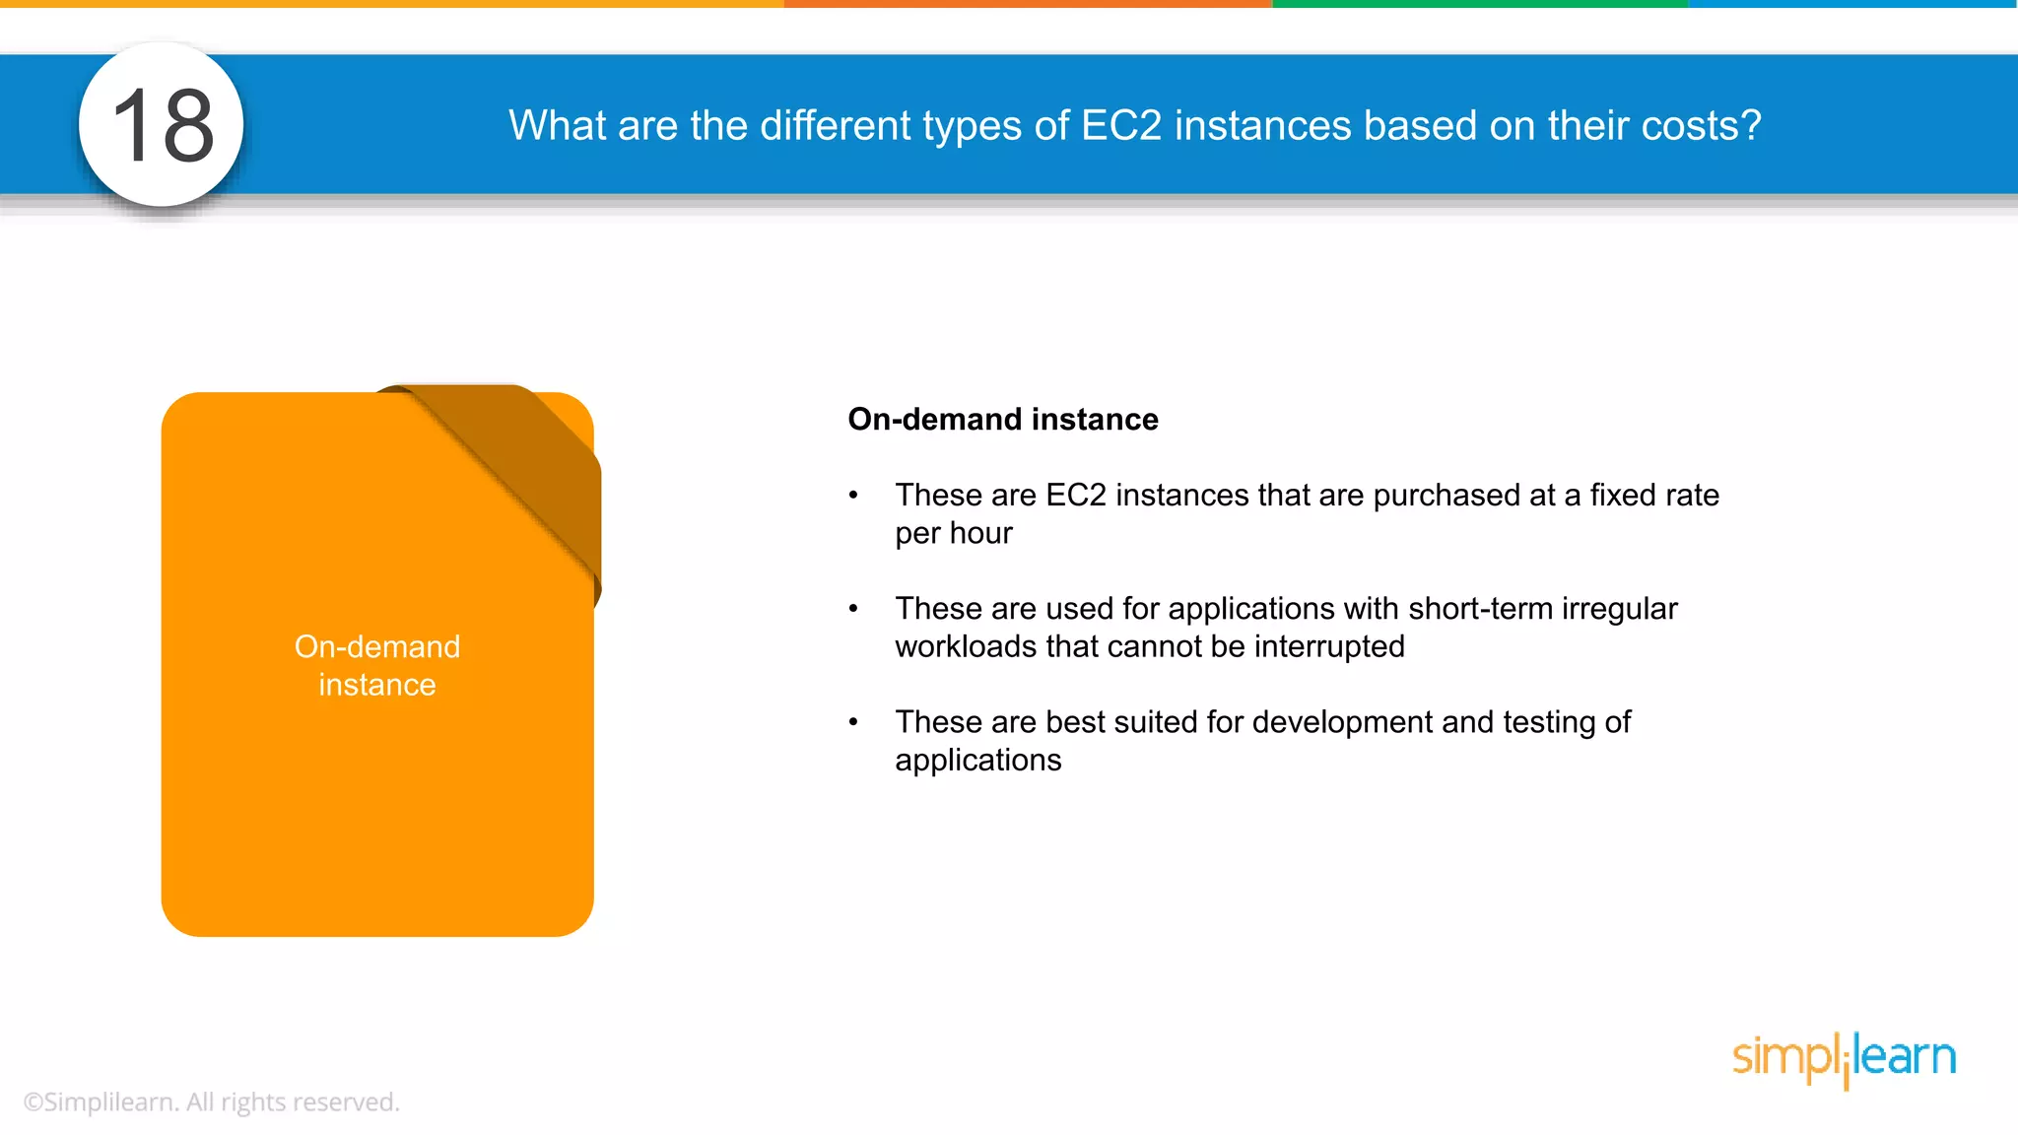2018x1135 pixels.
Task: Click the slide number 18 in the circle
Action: tap(163, 125)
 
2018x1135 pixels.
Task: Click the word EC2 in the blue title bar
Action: tap(1121, 125)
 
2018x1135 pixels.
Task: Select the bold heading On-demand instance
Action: tap(1002, 419)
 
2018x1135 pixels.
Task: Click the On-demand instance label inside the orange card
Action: tap(377, 665)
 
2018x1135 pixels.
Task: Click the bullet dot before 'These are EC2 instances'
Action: tap(853, 496)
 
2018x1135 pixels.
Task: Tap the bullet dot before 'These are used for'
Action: tap(853, 609)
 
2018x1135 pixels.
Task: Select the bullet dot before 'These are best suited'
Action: tap(853, 722)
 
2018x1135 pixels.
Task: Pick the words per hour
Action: tap(953, 533)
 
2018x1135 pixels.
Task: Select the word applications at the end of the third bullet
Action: tap(977, 760)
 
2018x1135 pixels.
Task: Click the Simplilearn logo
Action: tap(1844, 1058)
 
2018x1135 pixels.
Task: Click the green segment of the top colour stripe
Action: tap(1479, 4)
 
